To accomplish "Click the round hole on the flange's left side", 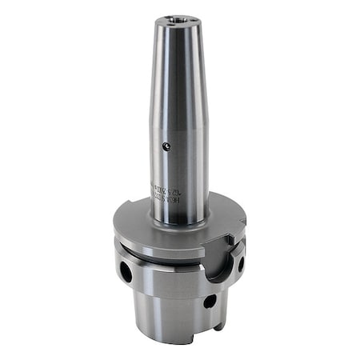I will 126,272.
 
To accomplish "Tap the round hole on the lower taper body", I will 209,302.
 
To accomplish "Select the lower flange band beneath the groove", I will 160,276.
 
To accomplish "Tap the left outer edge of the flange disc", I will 114,232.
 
